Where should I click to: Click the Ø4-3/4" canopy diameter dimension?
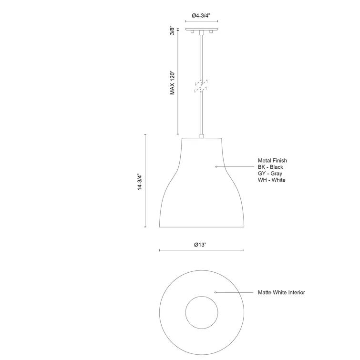(202, 15)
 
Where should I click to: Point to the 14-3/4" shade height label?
(140, 182)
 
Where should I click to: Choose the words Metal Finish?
(272, 161)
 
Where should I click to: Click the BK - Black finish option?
(270, 167)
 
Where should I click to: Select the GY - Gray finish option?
(270, 174)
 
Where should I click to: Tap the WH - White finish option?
(271, 180)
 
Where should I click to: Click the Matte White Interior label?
(281, 292)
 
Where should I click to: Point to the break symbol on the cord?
(202, 86)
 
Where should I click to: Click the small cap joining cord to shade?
(202, 136)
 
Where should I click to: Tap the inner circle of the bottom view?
(202, 313)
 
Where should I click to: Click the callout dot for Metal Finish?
(216, 166)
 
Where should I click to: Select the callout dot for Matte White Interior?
(216, 292)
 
